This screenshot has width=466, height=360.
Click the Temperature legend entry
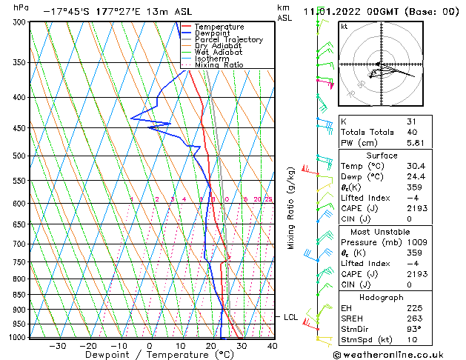[x=219, y=27]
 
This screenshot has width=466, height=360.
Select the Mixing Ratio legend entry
[x=219, y=64]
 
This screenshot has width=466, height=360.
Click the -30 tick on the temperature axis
[x=58, y=345]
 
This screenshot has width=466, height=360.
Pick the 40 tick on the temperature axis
[x=273, y=345]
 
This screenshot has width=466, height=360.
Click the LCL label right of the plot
[x=290, y=317]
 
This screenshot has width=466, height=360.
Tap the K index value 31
[x=411, y=121]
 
